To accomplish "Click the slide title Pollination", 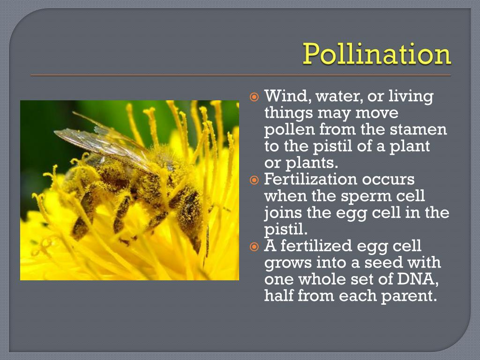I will (377, 54).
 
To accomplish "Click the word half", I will (279, 296).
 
